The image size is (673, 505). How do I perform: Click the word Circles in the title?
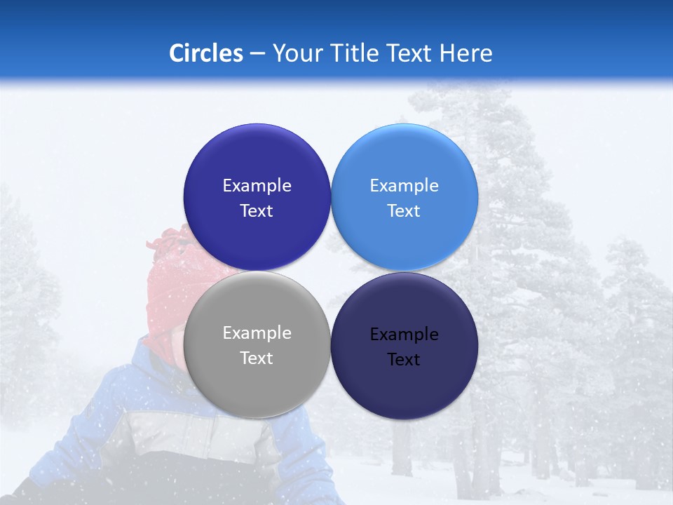tap(206, 53)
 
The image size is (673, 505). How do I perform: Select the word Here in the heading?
tap(468, 53)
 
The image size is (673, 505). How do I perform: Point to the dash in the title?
tap(257, 54)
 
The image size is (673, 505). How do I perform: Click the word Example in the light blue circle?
tap(404, 186)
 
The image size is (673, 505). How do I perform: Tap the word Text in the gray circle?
tap(257, 358)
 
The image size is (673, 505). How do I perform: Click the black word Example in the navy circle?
tap(404, 335)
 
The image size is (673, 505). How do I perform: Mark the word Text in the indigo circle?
tap(257, 210)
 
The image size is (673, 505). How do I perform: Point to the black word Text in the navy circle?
tap(404, 359)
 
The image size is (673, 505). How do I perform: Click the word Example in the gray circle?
tap(257, 333)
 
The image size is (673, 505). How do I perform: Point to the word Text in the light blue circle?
tap(404, 210)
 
